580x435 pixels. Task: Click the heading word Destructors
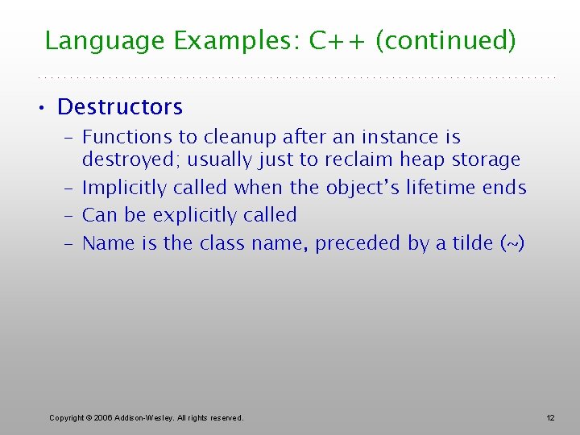[120, 106]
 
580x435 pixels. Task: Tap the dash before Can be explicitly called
[68, 215]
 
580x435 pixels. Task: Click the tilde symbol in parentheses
[510, 242]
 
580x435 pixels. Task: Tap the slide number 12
[550, 417]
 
